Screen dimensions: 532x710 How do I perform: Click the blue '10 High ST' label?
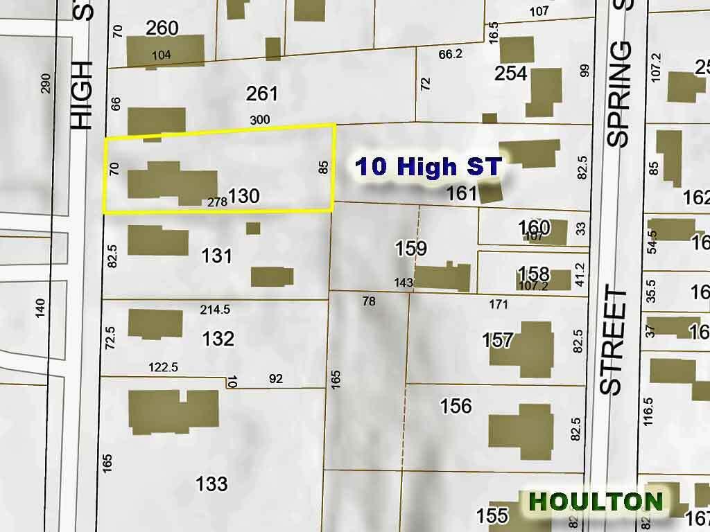(428, 167)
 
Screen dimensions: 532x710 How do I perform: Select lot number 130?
(243, 196)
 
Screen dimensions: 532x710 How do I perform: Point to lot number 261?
(261, 94)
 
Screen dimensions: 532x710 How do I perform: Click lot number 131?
(217, 256)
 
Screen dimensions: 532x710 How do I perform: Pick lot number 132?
(218, 339)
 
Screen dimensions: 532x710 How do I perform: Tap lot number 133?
(211, 483)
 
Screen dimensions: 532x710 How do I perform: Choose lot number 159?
(410, 247)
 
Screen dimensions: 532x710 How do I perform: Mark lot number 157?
(498, 340)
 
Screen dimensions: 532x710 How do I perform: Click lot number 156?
(456, 406)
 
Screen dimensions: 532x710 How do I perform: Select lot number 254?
(511, 73)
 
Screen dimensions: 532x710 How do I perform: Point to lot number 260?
(162, 28)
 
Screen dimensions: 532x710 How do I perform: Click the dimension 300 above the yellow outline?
(259, 120)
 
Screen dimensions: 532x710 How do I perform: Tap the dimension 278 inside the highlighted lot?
(217, 202)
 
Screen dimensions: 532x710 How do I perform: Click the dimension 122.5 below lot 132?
(164, 367)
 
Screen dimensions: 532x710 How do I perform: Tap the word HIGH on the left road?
(81, 95)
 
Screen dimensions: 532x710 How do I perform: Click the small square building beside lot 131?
(253, 228)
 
